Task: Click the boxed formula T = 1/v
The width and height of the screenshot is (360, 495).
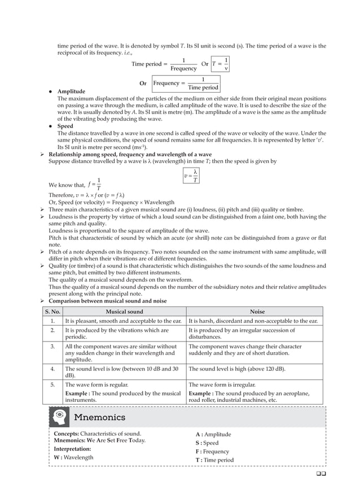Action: tap(220, 64)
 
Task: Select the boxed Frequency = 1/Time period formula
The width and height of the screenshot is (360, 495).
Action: tap(186, 84)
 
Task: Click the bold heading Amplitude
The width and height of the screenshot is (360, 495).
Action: tap(71, 91)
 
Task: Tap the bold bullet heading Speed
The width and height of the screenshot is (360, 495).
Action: tap(65, 126)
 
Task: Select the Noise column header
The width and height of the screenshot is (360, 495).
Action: tap(257, 312)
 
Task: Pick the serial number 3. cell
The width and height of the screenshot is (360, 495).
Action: tap(52, 347)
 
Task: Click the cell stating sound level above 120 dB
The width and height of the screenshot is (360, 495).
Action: tap(237, 369)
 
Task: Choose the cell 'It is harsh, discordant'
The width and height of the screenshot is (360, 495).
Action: tap(253, 321)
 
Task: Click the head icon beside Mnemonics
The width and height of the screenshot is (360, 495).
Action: tap(59, 417)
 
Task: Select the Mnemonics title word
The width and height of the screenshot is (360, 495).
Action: tap(100, 418)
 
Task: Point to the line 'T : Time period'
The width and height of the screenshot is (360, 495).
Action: tap(214, 460)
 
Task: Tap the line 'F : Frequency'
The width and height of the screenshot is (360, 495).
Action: tap(212, 452)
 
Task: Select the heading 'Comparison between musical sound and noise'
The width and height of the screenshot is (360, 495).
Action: tap(108, 301)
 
